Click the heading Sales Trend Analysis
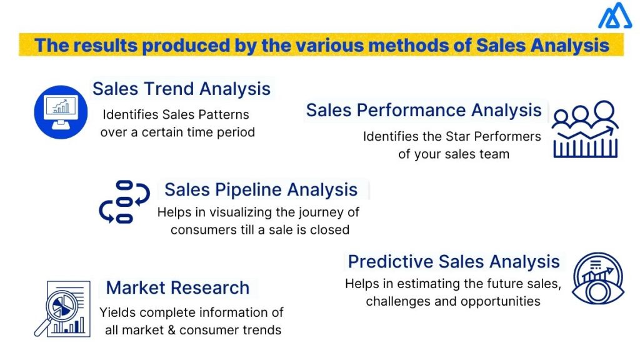(x=181, y=88)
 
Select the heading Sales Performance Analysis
(x=424, y=110)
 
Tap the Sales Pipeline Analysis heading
(x=261, y=189)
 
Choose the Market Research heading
(x=177, y=287)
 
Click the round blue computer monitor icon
(x=61, y=112)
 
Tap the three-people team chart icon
(x=585, y=129)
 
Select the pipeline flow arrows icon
(x=124, y=202)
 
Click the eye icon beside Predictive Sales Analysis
(x=597, y=277)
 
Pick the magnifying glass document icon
(x=59, y=308)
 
